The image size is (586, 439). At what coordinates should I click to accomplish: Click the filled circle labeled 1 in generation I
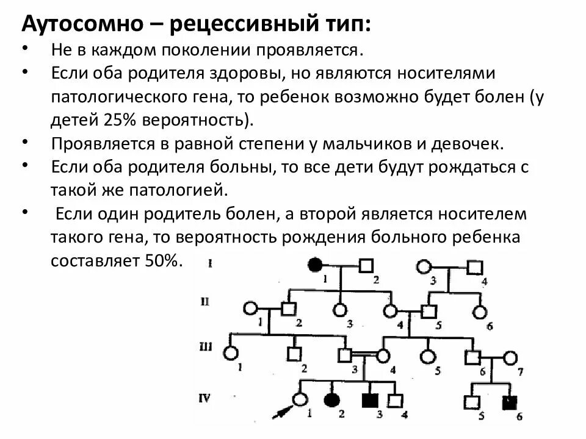coord(314,265)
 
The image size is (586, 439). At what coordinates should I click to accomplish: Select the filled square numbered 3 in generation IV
coord(369,401)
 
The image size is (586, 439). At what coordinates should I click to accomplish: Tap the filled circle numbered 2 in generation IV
coord(331,401)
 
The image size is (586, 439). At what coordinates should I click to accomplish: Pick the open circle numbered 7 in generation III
coord(510,357)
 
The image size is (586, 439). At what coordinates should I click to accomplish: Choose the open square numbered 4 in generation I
coord(474,266)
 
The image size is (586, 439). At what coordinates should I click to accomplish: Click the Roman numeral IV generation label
coord(205,398)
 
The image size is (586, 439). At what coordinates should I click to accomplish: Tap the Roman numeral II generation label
coord(206,301)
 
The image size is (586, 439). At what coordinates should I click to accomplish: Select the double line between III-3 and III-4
coord(364,354)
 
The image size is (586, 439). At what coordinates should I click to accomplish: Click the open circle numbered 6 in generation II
coord(480,312)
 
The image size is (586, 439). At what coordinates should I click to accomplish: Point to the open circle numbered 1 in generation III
coord(230,353)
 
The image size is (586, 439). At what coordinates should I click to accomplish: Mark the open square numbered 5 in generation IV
coord(471,402)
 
